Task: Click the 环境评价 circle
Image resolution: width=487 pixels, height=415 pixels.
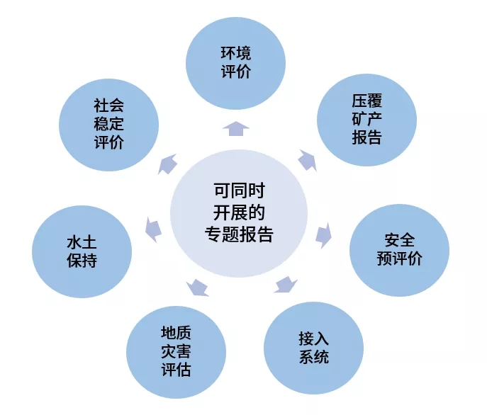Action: pos(235,63)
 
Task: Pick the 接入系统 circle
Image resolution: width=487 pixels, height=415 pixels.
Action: pos(313,348)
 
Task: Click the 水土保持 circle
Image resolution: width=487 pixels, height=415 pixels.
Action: pos(82,251)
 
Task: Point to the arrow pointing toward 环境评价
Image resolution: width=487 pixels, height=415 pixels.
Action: pos(235,127)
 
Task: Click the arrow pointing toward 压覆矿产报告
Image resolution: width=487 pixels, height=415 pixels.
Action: pos(306,160)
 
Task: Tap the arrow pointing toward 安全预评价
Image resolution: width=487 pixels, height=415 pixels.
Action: pos(323,234)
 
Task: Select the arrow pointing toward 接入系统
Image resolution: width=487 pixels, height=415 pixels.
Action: pos(285,284)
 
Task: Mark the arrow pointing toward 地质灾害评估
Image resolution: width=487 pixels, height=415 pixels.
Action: pos(198,287)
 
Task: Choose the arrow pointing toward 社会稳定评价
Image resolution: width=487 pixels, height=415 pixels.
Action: pos(167,164)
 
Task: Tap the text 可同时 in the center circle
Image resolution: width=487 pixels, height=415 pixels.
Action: pos(239,191)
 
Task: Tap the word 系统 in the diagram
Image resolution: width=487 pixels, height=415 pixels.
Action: pos(313,356)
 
